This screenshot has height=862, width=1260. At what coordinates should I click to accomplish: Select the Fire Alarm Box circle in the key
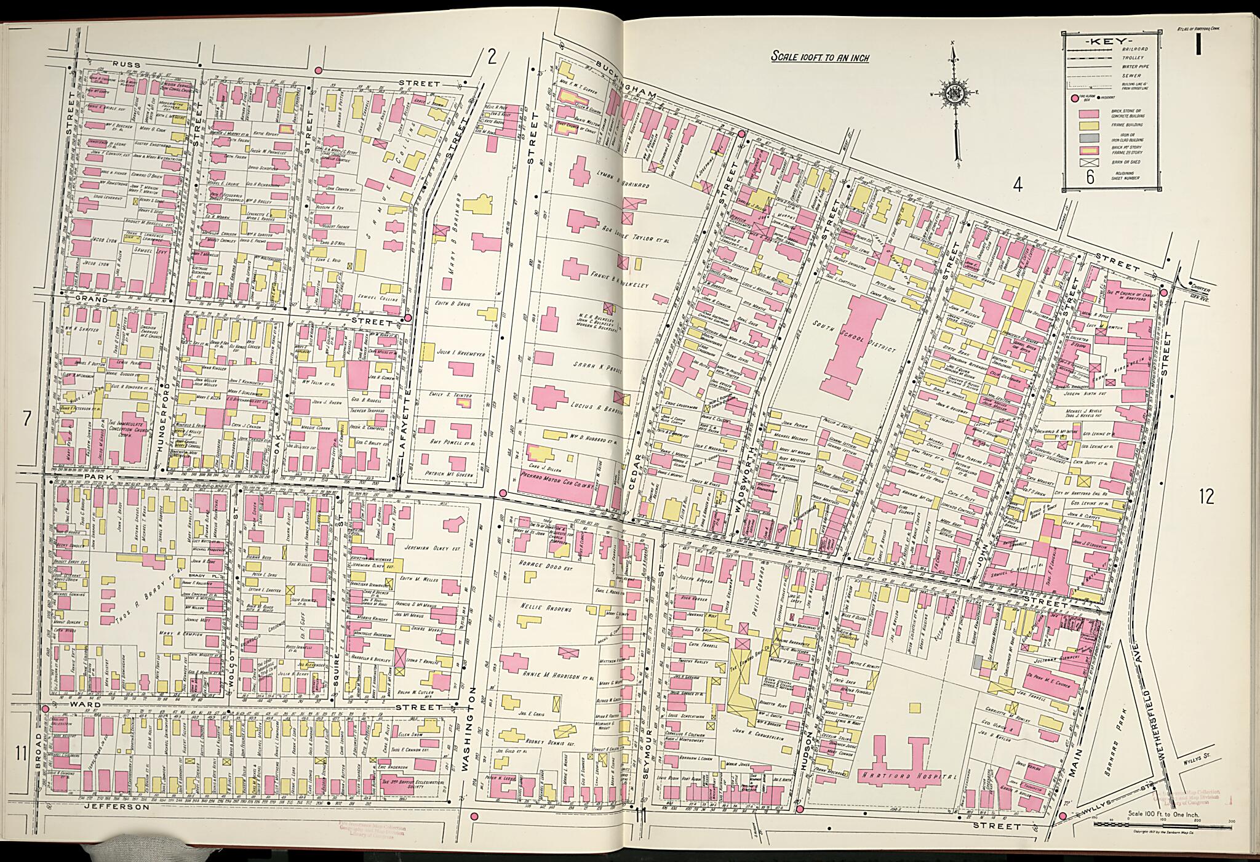pos(1075,98)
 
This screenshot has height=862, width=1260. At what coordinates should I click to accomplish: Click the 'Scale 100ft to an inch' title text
pos(820,58)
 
